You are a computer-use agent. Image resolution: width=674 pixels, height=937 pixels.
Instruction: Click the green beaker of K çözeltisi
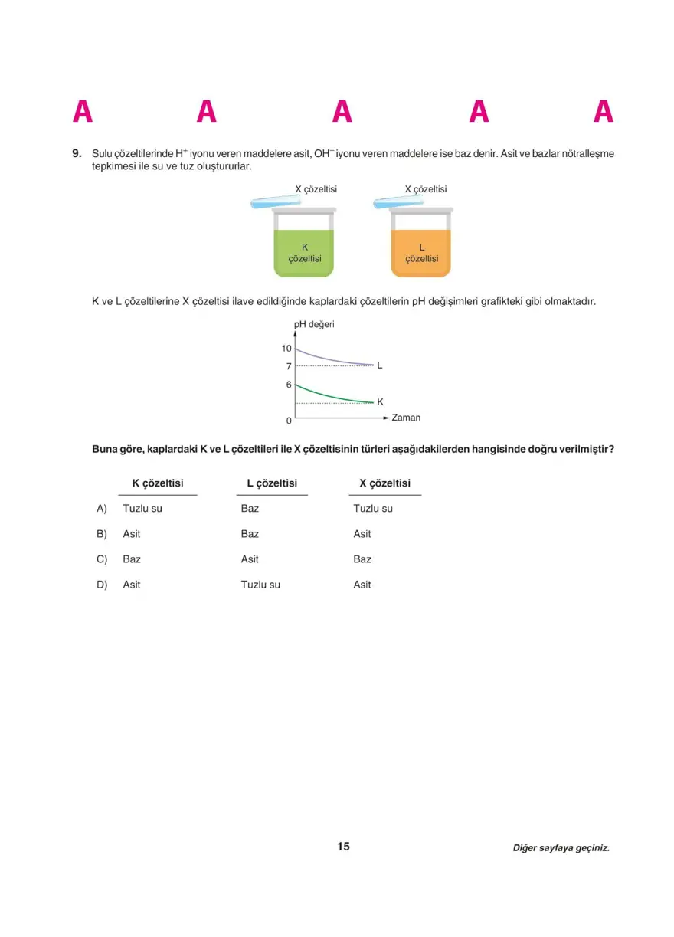tap(304, 249)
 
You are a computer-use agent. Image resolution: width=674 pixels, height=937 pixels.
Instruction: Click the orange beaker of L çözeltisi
tap(421, 249)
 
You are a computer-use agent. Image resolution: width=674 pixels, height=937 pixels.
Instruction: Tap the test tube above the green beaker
tap(276, 201)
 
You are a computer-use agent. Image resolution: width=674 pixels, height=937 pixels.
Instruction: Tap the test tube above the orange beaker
tap(398, 200)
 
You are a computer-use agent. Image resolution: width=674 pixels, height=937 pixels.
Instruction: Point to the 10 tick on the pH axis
tap(286, 348)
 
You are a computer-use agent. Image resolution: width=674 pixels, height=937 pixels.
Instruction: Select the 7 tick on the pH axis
tap(289, 366)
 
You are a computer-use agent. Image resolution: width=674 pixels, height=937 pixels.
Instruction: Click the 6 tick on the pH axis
tap(289, 385)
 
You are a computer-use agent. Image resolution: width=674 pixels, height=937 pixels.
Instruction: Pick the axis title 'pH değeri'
tap(314, 324)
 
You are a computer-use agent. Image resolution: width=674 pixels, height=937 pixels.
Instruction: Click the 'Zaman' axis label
tap(406, 418)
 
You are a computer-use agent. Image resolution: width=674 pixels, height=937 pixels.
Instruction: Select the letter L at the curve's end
tap(380, 365)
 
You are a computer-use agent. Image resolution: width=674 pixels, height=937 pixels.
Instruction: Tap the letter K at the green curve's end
tap(381, 401)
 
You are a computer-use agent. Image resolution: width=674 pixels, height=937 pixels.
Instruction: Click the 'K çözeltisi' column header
tap(158, 483)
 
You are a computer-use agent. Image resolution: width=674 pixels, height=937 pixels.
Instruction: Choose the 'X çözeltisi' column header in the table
tap(384, 483)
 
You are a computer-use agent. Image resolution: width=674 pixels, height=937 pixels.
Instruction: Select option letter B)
tap(102, 534)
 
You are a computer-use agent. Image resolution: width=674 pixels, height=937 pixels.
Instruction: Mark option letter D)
tap(102, 585)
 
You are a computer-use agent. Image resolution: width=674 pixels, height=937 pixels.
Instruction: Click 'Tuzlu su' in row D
tap(260, 585)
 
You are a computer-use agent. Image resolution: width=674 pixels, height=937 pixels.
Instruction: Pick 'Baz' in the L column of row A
tap(250, 509)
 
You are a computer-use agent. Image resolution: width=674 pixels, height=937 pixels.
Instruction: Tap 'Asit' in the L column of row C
tap(250, 559)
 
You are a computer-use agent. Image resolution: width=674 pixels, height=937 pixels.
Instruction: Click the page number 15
tap(343, 847)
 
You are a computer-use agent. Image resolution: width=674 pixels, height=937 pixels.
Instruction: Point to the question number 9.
tap(77, 153)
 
